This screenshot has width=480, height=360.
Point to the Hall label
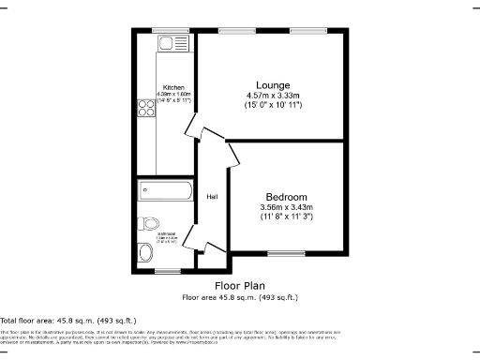212,196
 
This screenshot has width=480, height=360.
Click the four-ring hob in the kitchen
148,108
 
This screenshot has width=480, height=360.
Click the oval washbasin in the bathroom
144,252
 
